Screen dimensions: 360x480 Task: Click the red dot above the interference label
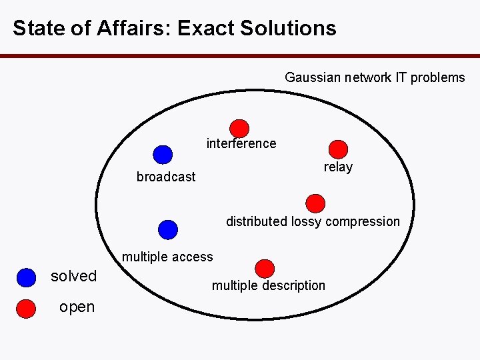coord(239,128)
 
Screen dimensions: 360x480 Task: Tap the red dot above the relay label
coord(339,149)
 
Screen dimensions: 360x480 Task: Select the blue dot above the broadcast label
coord(162,155)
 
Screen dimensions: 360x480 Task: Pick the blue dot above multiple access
coord(168,229)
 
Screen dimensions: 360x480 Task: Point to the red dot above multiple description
coord(265,268)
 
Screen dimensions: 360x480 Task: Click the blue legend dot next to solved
coord(26,277)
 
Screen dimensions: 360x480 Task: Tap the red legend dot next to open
coord(26,309)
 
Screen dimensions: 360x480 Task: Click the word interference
coord(241,143)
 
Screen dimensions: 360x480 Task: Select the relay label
coord(338,167)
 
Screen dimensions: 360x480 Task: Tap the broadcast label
coord(166,177)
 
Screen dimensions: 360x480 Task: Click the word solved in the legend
coord(74,276)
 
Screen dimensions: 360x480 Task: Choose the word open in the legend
coord(77,307)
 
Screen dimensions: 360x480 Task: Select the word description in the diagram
coord(291,285)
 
